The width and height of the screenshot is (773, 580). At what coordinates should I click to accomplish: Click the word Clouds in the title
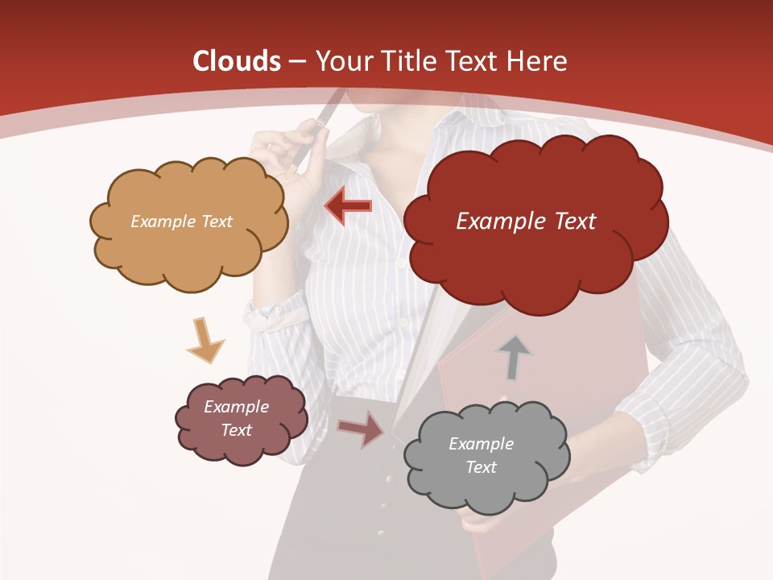point(236,61)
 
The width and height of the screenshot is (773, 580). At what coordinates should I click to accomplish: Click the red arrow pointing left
point(349,207)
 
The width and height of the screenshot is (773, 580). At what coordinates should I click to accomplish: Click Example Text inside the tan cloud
point(181,222)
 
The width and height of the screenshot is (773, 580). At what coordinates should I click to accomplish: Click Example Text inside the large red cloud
point(526,222)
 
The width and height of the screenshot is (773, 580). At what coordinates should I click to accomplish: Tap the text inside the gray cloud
point(481,455)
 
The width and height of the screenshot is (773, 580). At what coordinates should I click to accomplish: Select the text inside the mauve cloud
point(236,418)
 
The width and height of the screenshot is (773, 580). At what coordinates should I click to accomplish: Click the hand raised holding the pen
point(282,157)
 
